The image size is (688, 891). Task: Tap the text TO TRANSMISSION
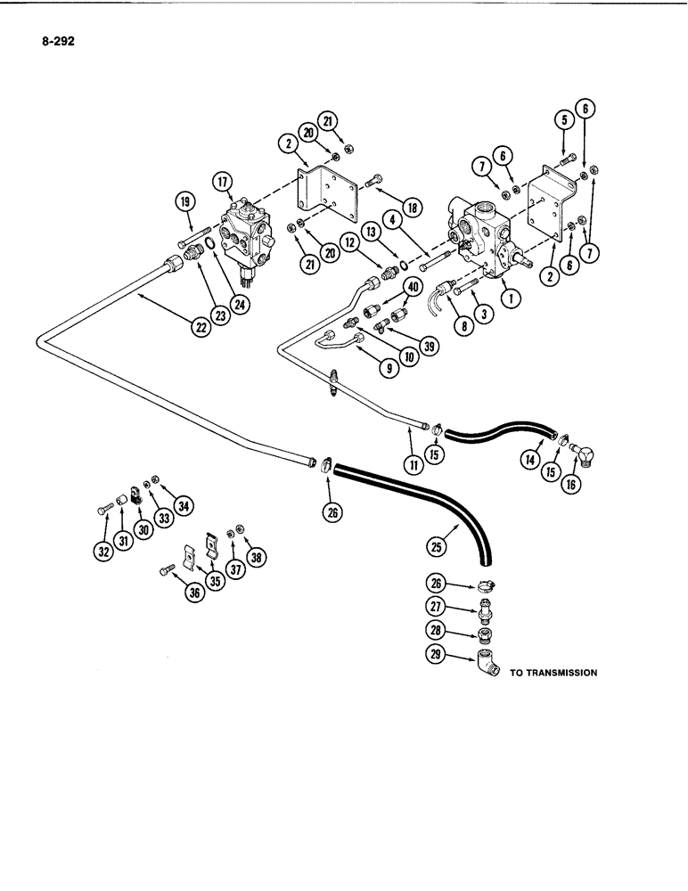click(x=553, y=673)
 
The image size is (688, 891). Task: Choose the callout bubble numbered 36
click(x=191, y=592)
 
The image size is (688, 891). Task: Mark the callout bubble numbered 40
click(x=413, y=286)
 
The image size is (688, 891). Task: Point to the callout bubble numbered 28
click(x=432, y=631)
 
